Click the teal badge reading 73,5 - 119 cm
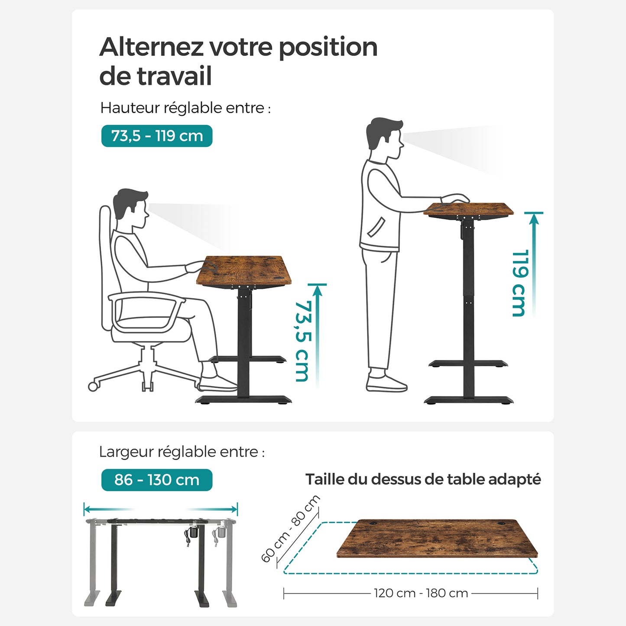coord(157,136)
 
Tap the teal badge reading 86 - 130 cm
coord(157,480)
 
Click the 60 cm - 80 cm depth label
coord(290,529)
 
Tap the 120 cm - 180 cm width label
coord(421,593)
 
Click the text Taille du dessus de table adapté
coord(423,480)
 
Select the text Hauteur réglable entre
coord(185,108)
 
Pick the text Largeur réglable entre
coord(182,452)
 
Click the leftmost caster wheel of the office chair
coord(93,386)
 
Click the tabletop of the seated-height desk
coord(244,270)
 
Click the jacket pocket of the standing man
coord(376,227)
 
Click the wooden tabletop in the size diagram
coord(437,538)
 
